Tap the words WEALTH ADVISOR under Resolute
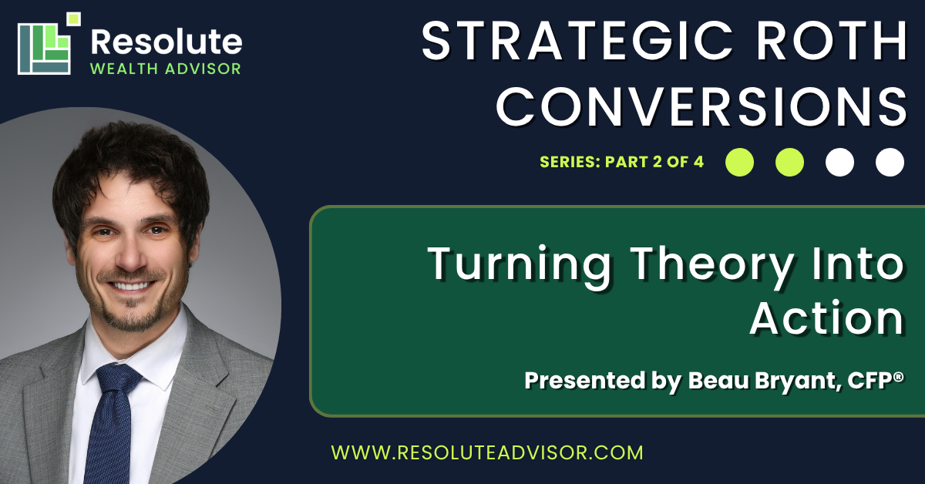coord(166,69)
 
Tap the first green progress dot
coord(739,163)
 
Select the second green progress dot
coord(789,163)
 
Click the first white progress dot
coord(839,163)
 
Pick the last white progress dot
coord(890,163)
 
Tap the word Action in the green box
coord(826,318)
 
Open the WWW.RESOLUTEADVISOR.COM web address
coord(487,452)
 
